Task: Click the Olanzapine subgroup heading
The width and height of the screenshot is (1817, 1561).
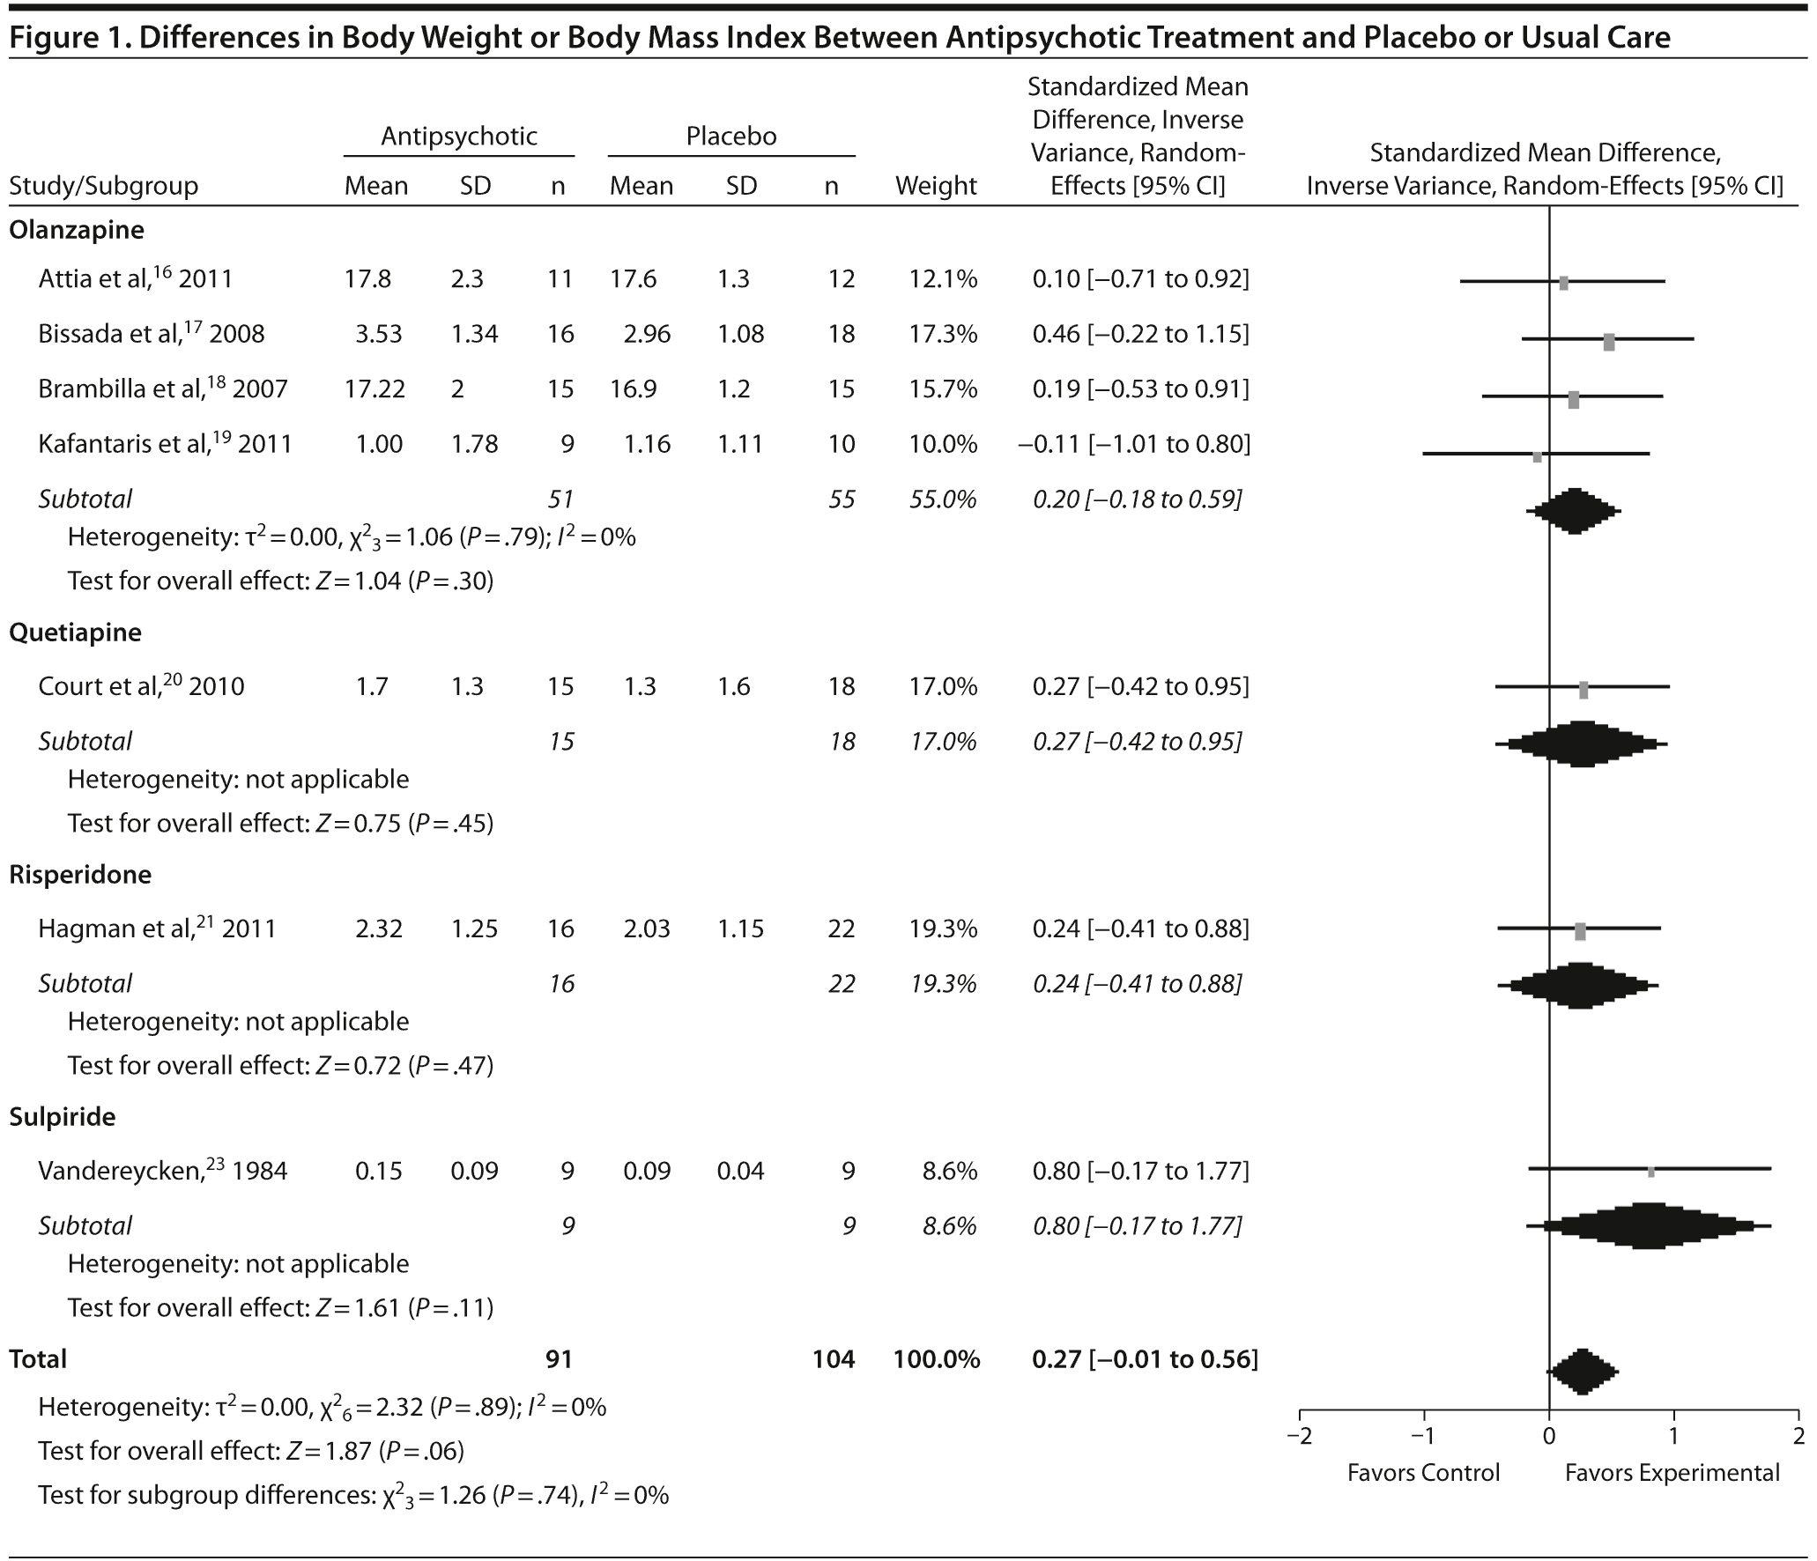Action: click(x=76, y=230)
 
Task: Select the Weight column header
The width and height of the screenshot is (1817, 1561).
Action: click(x=936, y=186)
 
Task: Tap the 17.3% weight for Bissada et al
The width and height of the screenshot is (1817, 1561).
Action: click(x=943, y=334)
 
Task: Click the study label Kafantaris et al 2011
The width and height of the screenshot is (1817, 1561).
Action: click(x=165, y=443)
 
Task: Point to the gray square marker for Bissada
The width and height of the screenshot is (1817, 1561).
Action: click(x=1609, y=343)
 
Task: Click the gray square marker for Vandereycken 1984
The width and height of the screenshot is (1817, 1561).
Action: click(x=1650, y=1172)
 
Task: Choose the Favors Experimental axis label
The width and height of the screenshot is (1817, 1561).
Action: click(x=1672, y=1473)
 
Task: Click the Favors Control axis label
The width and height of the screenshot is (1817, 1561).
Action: click(x=1423, y=1473)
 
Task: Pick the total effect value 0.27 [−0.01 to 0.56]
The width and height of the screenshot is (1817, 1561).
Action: click(x=1145, y=1359)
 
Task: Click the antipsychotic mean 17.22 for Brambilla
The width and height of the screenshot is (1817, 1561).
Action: click(x=376, y=388)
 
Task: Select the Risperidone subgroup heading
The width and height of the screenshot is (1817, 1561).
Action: click(x=80, y=874)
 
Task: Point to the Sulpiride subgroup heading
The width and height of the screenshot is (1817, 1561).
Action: click(x=63, y=1116)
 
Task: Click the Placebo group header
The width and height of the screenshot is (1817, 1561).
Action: click(x=731, y=136)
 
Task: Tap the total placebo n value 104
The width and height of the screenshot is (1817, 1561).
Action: click(x=833, y=1359)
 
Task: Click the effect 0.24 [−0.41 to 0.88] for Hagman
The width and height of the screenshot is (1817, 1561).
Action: click(x=1140, y=928)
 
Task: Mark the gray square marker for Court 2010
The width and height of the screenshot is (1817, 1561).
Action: click(x=1583, y=691)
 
